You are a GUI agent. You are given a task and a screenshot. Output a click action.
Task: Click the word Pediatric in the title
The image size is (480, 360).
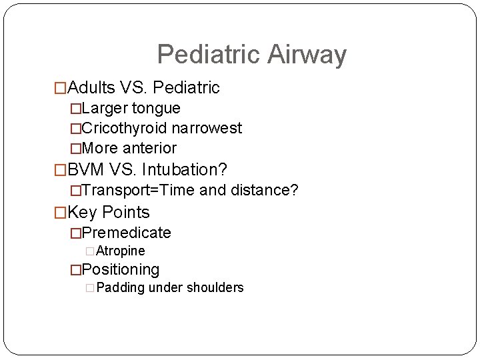click(x=209, y=55)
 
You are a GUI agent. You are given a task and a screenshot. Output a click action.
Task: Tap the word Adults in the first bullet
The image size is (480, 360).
click(x=92, y=87)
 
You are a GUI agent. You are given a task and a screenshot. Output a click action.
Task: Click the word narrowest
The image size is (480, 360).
click(x=207, y=128)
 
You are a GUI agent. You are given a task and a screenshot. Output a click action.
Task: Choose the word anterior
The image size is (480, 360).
click(x=150, y=148)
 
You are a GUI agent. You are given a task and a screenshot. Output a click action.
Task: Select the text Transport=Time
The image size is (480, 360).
click(x=139, y=191)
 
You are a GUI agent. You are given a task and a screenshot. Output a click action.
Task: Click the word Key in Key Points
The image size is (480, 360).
click(x=83, y=213)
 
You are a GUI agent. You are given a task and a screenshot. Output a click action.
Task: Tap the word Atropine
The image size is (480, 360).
click(x=121, y=251)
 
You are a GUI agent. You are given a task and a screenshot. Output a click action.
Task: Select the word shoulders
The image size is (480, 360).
click(x=215, y=288)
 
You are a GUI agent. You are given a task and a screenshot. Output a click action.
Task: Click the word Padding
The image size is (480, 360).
click(x=121, y=288)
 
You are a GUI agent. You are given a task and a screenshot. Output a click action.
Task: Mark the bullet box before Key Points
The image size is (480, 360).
click(x=61, y=213)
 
